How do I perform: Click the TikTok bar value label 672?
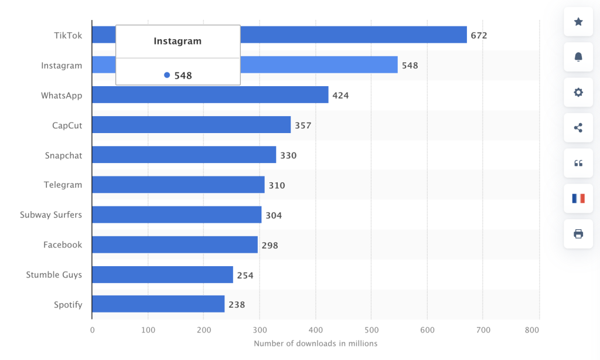pyautogui.click(x=479, y=35)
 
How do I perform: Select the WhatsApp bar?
pyautogui.click(x=210, y=95)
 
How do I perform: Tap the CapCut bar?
pyautogui.click(x=191, y=125)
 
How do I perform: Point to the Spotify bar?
pyautogui.click(x=158, y=304)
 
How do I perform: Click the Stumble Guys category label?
pyautogui.click(x=54, y=274)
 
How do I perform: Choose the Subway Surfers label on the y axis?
pyautogui.click(x=51, y=215)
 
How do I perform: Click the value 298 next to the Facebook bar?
pyautogui.click(x=270, y=245)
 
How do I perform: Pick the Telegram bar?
pyautogui.click(x=178, y=185)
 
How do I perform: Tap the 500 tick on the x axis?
pyautogui.click(x=371, y=330)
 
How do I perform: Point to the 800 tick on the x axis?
pyautogui.click(x=532, y=330)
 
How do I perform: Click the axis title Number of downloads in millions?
pyautogui.click(x=315, y=344)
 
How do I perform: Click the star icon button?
pyautogui.click(x=578, y=22)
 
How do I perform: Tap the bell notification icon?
pyautogui.click(x=578, y=57)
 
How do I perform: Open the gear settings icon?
pyautogui.click(x=578, y=92)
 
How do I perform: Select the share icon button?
pyautogui.click(x=578, y=128)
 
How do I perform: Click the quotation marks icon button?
pyautogui.click(x=578, y=163)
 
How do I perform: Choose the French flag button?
pyautogui.click(x=578, y=198)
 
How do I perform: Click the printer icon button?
pyautogui.click(x=578, y=234)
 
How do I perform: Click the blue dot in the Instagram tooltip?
pyautogui.click(x=167, y=75)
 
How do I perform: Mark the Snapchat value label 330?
pyautogui.click(x=288, y=155)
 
